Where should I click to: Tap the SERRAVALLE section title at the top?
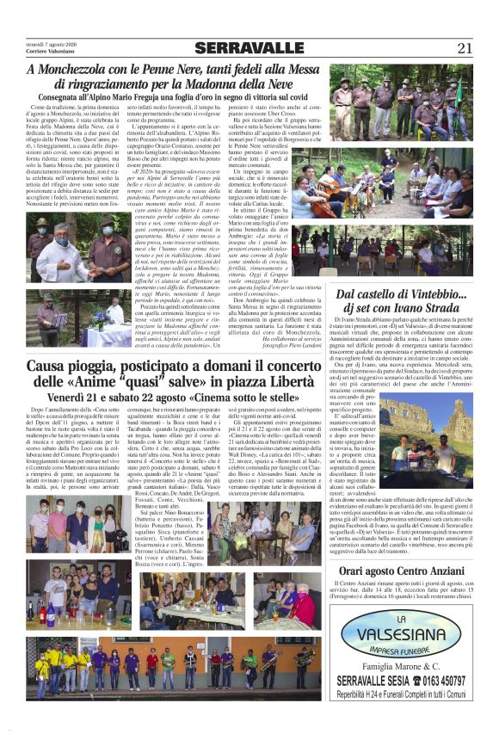point(249,48)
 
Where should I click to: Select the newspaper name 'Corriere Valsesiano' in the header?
point(52,52)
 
